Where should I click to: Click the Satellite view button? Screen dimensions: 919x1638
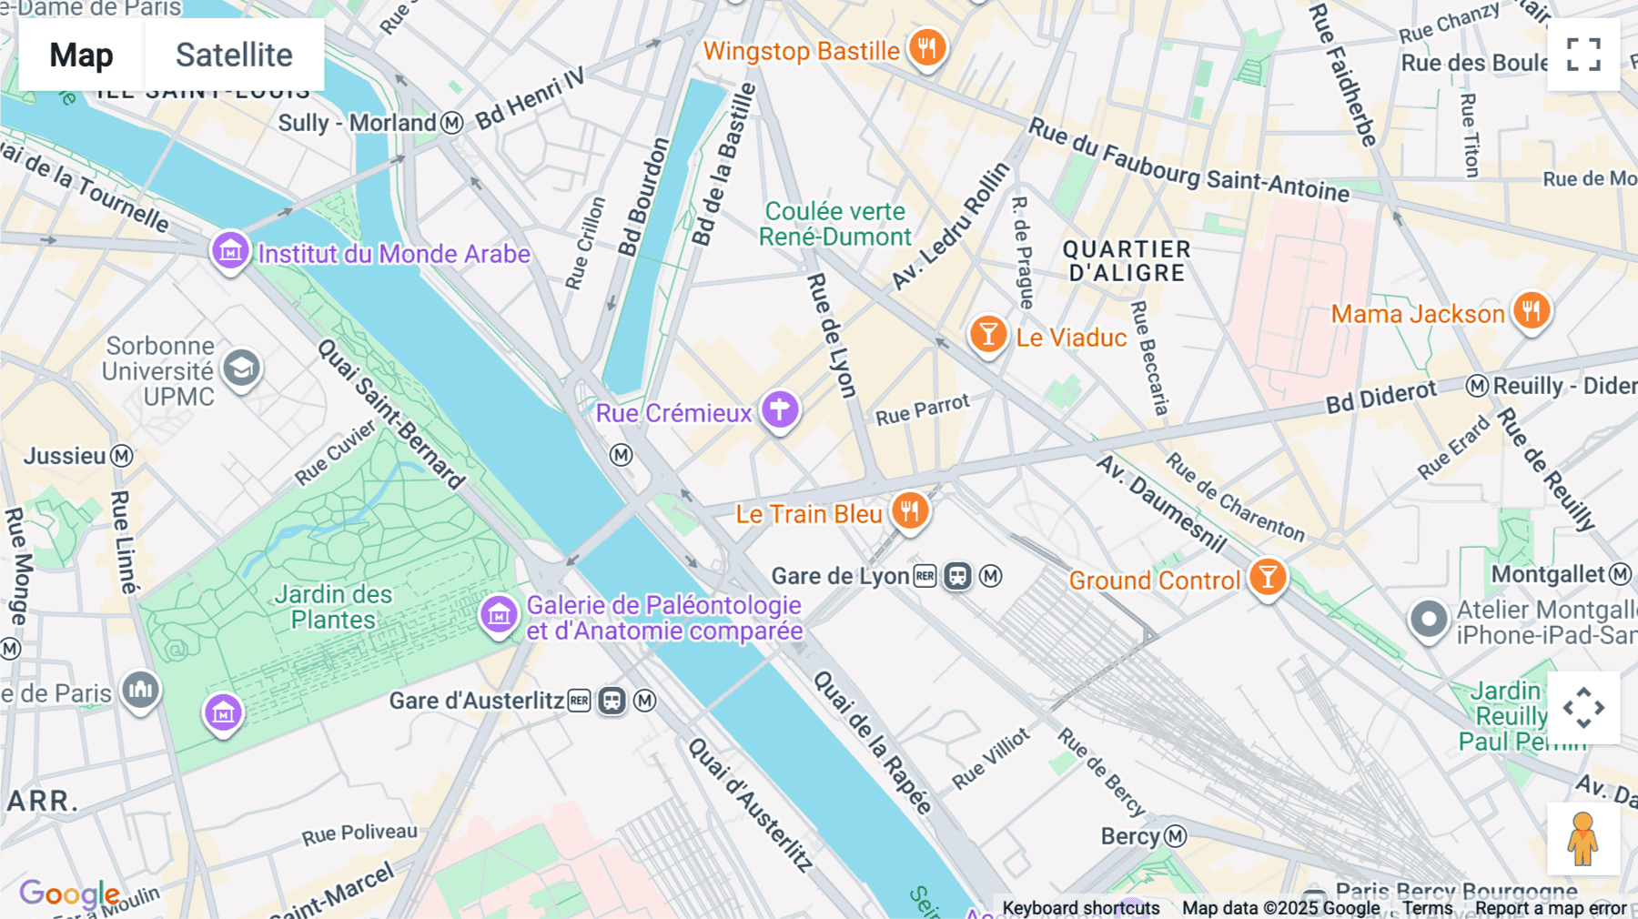(234, 55)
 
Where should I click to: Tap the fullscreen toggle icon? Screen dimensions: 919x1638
(1583, 55)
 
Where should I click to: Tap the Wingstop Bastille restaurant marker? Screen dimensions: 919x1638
(926, 47)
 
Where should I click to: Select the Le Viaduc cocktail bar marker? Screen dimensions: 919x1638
(987, 335)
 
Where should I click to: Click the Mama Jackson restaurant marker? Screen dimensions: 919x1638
(1532, 311)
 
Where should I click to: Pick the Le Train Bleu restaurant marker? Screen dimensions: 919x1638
(909, 511)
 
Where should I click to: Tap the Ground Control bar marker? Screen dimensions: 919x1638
(1267, 577)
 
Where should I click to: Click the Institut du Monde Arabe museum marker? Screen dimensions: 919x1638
(230, 249)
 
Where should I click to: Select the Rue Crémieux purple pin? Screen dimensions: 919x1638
(779, 410)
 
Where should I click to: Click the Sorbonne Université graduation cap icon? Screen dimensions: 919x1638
(241, 369)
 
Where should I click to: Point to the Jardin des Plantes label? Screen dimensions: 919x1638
(333, 607)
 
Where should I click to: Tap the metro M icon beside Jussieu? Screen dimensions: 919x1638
(122, 456)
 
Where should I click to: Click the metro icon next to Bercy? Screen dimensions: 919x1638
(1176, 836)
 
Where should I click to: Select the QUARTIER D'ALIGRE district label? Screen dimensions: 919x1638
(1127, 261)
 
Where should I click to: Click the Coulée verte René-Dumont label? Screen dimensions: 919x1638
(834, 224)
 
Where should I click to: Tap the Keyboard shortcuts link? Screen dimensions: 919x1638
(1080, 908)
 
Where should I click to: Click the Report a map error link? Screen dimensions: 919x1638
(1550, 908)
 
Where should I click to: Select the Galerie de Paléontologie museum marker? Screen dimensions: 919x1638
(498, 615)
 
